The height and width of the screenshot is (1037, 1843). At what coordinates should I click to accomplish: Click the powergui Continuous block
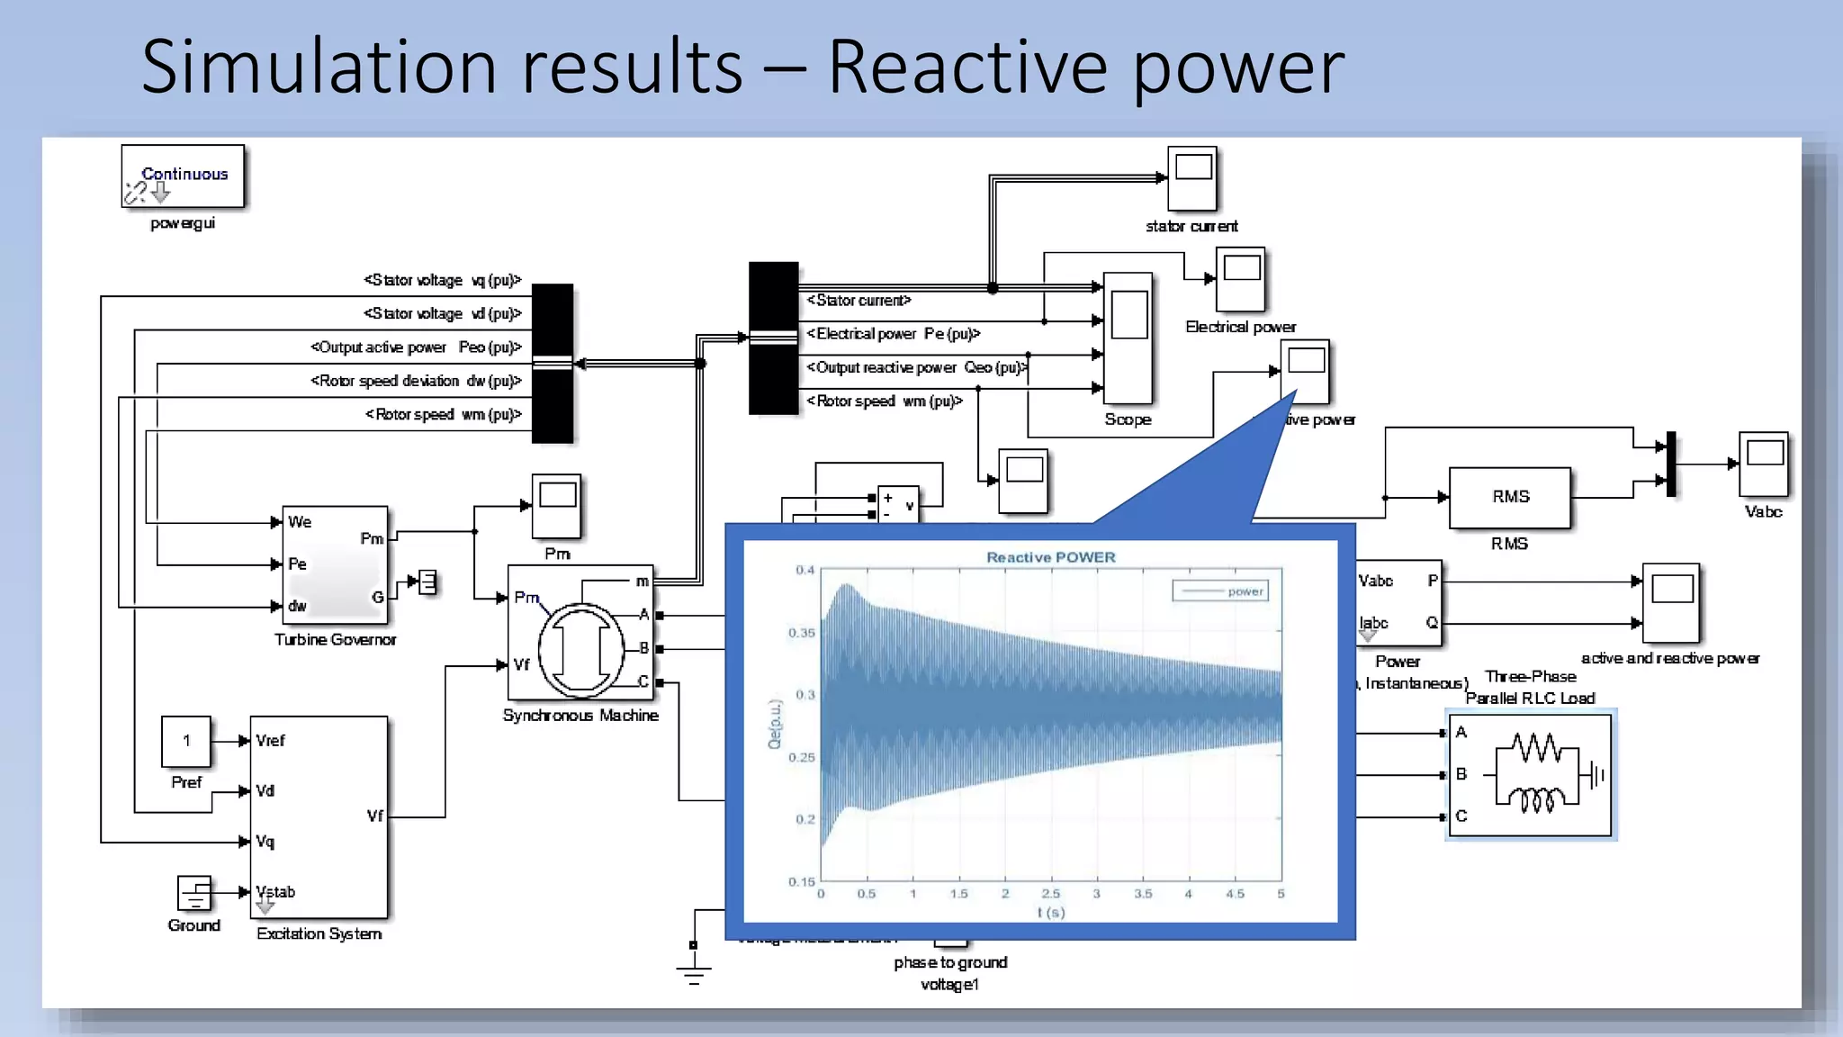point(183,176)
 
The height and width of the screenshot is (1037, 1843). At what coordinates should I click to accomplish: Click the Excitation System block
point(319,816)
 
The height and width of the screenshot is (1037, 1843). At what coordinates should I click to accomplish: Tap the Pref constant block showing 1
point(186,741)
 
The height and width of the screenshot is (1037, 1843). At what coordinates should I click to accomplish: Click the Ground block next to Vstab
point(194,894)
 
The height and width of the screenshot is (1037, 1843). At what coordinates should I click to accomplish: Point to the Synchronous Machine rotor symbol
point(580,649)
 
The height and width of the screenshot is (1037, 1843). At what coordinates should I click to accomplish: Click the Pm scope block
point(557,506)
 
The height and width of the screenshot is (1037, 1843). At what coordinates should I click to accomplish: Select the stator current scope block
point(1192,177)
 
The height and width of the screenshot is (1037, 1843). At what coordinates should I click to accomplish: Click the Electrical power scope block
point(1241,278)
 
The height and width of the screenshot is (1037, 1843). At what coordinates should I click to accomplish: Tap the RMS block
point(1509,497)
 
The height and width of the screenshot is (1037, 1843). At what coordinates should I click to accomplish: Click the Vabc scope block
point(1763,464)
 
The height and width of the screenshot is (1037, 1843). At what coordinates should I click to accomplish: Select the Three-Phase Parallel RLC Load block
point(1530,775)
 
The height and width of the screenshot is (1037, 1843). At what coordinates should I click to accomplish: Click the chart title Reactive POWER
point(1050,557)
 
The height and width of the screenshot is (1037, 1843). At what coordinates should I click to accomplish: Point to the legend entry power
point(1245,591)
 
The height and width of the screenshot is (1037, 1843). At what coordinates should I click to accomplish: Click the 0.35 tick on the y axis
point(801,633)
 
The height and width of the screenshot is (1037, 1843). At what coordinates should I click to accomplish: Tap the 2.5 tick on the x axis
point(1050,894)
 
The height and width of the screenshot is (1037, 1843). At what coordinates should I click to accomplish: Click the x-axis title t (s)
point(1050,913)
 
